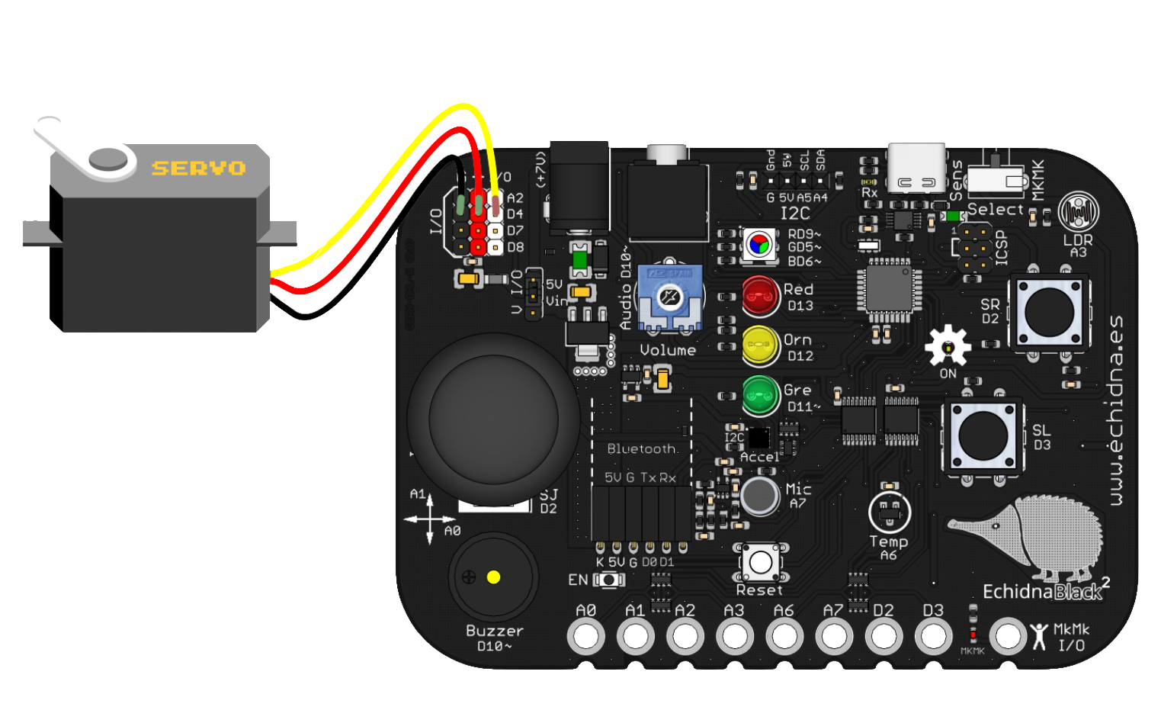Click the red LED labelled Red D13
click(x=760, y=297)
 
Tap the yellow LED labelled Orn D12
click(x=760, y=346)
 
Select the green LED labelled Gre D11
click(x=760, y=395)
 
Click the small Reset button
click(x=760, y=563)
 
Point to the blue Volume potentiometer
click(x=669, y=298)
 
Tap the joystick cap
click(x=493, y=419)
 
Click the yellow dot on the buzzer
click(x=494, y=577)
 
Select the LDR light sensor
click(x=1078, y=211)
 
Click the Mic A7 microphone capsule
click(x=759, y=496)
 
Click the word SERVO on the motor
click(x=198, y=168)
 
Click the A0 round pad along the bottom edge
click(x=585, y=635)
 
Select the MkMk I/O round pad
click(x=1008, y=635)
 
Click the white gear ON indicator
click(x=948, y=347)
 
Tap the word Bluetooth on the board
click(x=641, y=449)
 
